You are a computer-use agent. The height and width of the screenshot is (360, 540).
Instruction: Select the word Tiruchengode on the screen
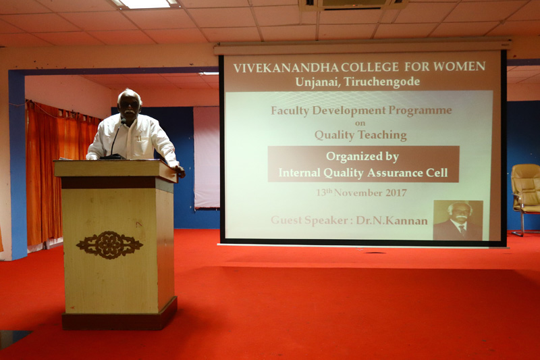pos(382,82)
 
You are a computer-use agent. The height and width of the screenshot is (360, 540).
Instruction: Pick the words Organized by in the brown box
pos(362,157)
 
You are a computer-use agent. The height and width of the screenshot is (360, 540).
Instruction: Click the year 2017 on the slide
pos(396,192)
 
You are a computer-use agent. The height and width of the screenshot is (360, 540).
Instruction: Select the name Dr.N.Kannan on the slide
pos(392,220)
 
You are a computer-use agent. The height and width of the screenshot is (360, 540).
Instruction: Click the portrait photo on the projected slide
pos(458,220)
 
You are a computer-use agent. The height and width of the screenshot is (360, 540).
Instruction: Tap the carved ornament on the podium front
pos(109,245)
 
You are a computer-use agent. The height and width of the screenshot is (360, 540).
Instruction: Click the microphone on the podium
pos(115,140)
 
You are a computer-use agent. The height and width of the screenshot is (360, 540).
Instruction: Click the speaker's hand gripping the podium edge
pos(179,170)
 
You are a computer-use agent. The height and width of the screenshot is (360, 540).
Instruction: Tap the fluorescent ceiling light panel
pos(144,4)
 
